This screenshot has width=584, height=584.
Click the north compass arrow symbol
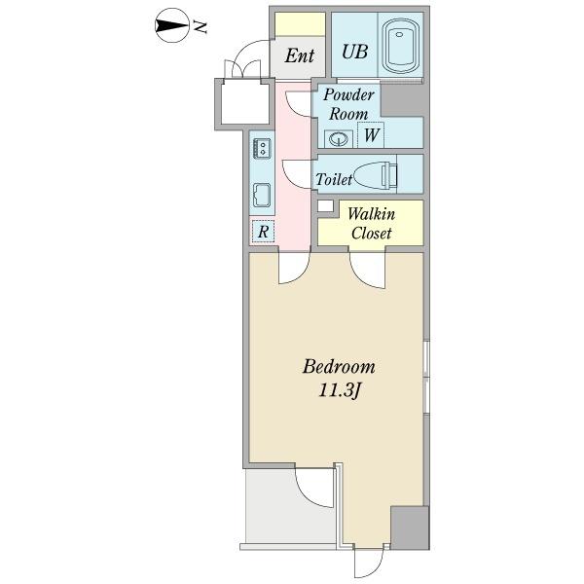170,26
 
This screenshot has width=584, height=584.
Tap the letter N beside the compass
202,27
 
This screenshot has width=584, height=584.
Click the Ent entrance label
299,55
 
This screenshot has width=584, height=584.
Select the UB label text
353,53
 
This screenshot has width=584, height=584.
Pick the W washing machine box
372,136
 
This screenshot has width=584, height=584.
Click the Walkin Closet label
370,223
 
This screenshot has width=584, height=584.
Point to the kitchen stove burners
262,149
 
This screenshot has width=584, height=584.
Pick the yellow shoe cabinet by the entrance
299,23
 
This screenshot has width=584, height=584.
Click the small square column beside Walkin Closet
324,205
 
